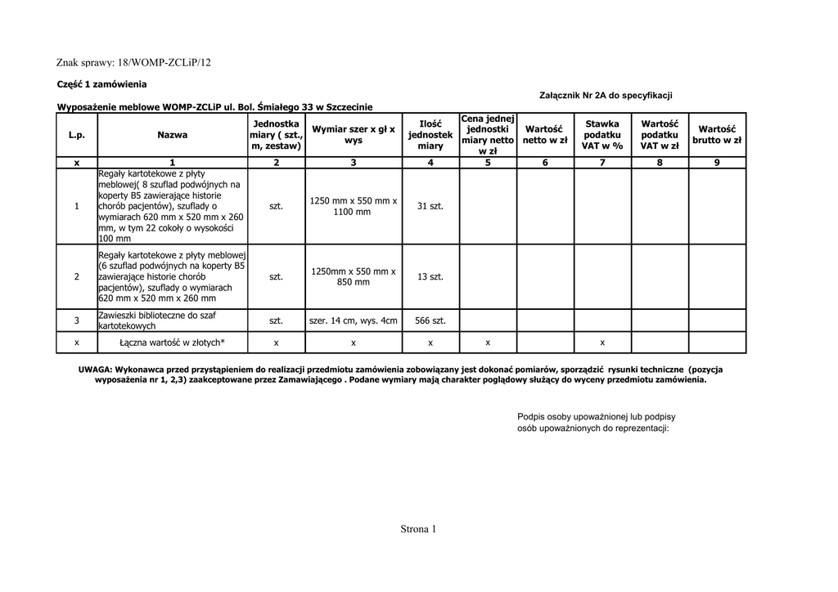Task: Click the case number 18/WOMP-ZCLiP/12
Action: tap(164, 62)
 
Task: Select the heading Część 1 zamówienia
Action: tap(101, 83)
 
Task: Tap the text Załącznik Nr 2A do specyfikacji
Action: tap(606, 96)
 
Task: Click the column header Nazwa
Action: tap(172, 134)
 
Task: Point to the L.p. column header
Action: tap(77, 134)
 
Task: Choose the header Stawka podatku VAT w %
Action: tap(602, 134)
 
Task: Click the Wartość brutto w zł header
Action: tap(717, 134)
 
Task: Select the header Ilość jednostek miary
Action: tap(430, 134)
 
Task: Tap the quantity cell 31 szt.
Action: tap(430, 206)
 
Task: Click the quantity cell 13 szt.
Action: tap(430, 277)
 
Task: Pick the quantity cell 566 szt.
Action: tap(430, 321)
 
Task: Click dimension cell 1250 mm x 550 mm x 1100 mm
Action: tap(354, 206)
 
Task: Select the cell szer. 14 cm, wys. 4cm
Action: tap(354, 321)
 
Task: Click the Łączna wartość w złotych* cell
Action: tap(172, 343)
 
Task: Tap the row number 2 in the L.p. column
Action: tap(77, 277)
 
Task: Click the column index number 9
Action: tap(717, 162)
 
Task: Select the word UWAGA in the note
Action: tap(95, 370)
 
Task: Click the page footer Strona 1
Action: tap(419, 529)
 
